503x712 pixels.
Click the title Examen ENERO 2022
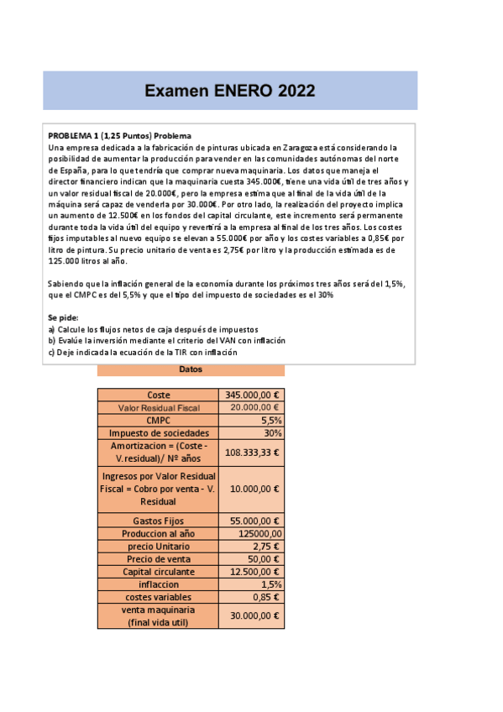[229, 91]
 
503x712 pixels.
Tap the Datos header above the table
[191, 370]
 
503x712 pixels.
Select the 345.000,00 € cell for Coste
[254, 395]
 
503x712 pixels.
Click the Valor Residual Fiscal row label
[159, 407]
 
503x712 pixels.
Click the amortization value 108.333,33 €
[254, 452]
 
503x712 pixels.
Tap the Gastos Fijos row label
[159, 521]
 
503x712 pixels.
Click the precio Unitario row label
[159, 547]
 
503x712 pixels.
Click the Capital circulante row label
[159, 572]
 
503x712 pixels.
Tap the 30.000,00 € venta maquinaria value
[254, 615]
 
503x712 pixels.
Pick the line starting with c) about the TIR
[143, 353]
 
